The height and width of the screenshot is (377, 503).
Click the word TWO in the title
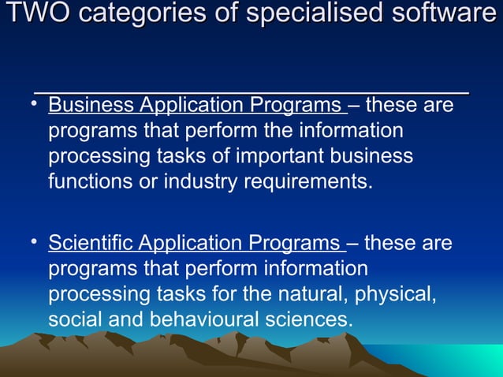point(29,13)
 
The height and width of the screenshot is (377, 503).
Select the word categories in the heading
point(127,13)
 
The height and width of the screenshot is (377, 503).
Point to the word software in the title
point(445,13)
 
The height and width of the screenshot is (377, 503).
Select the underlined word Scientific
point(91,243)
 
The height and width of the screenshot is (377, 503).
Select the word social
point(73,319)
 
